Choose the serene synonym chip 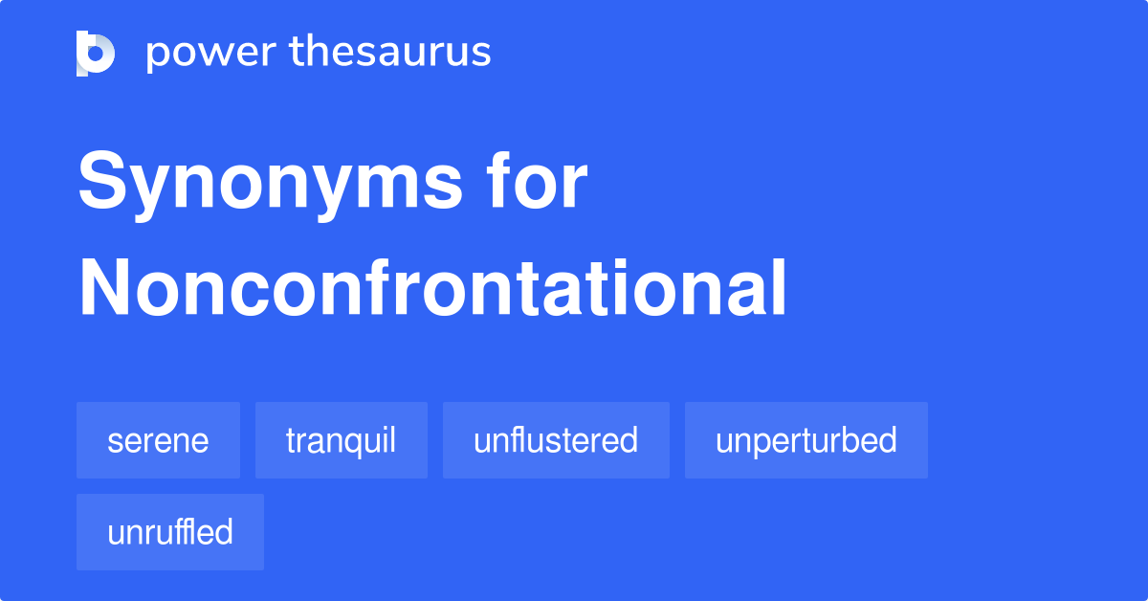pos(158,440)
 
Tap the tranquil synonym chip pos(341,440)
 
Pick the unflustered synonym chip pos(556,440)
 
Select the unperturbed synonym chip pos(806,440)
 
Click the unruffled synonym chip pos(170,532)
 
